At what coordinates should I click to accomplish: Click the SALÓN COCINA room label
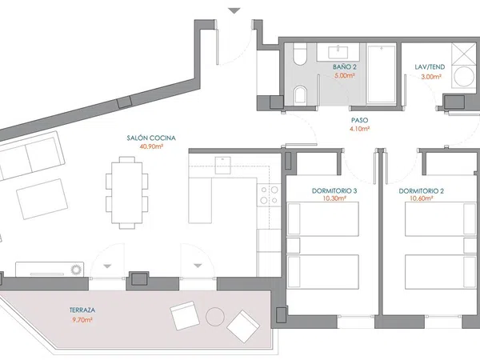[151, 138]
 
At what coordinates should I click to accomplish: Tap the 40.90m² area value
[151, 146]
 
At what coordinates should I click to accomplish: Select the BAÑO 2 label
[345, 67]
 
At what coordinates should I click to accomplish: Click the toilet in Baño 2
[300, 54]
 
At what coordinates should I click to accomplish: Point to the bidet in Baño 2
[300, 94]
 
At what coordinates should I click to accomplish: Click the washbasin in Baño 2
[338, 52]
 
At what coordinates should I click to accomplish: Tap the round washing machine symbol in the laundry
[464, 77]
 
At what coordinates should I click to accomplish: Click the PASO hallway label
[360, 120]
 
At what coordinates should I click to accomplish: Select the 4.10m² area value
[360, 129]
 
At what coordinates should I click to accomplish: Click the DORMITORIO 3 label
[334, 191]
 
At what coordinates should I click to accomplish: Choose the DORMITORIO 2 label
[422, 191]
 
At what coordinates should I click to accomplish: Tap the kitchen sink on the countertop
[223, 165]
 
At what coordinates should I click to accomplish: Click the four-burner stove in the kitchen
[269, 195]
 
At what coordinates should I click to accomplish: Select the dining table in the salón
[127, 193]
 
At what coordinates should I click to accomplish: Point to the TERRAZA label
[82, 310]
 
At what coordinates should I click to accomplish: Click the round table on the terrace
[215, 317]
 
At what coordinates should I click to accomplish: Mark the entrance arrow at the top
[234, 11]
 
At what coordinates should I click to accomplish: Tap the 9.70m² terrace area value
[81, 320]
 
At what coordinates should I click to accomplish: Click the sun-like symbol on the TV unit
[75, 270]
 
